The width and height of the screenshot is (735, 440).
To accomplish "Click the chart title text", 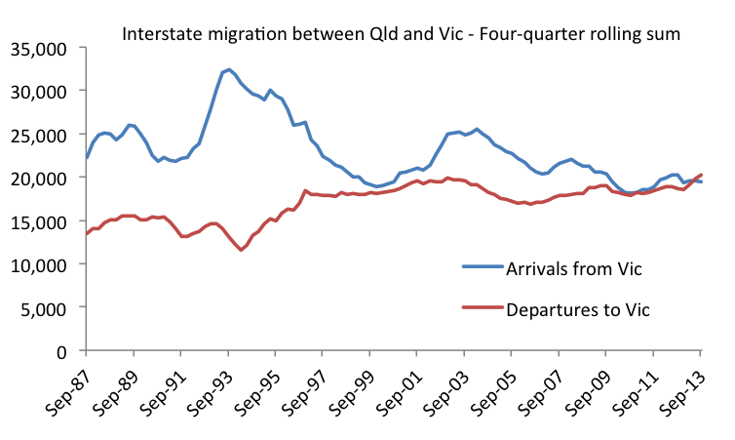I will click(400, 34).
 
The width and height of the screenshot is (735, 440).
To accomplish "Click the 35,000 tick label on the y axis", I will click(38, 48).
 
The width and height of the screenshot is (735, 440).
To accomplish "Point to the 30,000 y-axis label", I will click(38, 91).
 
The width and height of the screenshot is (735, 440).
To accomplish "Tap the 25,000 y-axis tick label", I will click(38, 135).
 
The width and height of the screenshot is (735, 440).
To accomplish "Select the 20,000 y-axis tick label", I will click(38, 178).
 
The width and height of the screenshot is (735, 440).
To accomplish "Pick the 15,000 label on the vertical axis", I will click(38, 221).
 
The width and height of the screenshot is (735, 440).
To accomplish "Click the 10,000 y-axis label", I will click(38, 264).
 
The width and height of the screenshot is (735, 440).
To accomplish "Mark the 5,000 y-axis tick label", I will click(43, 308).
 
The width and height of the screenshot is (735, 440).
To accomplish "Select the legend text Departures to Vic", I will click(577, 309).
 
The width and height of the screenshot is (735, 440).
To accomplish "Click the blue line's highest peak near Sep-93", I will click(228, 69).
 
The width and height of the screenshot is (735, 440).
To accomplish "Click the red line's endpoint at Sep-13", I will click(701, 175).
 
